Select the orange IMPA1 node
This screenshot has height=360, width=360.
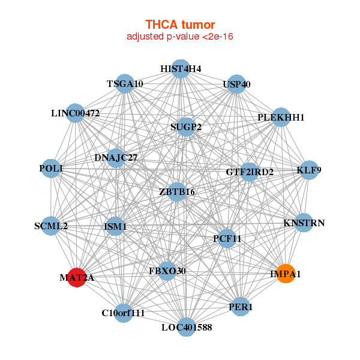point(286,274)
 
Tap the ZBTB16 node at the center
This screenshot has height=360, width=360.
point(177,191)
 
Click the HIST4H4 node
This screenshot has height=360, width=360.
point(181,68)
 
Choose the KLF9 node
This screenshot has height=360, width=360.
point(309,170)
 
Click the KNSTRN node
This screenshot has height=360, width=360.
point(304,223)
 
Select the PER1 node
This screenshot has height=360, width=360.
point(241,307)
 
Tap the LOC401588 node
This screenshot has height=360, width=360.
point(186,327)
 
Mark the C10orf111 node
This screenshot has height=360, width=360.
point(124,313)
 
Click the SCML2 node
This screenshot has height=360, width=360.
point(52,226)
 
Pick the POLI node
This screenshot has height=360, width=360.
point(52,169)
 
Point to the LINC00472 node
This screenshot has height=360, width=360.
point(76,113)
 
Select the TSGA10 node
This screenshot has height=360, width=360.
point(124,84)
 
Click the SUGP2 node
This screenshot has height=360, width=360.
point(186,127)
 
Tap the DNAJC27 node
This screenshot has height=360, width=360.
point(116,158)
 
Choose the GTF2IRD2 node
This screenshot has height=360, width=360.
point(250,172)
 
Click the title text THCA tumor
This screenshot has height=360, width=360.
point(180,25)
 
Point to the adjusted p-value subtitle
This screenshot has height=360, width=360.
point(180,37)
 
